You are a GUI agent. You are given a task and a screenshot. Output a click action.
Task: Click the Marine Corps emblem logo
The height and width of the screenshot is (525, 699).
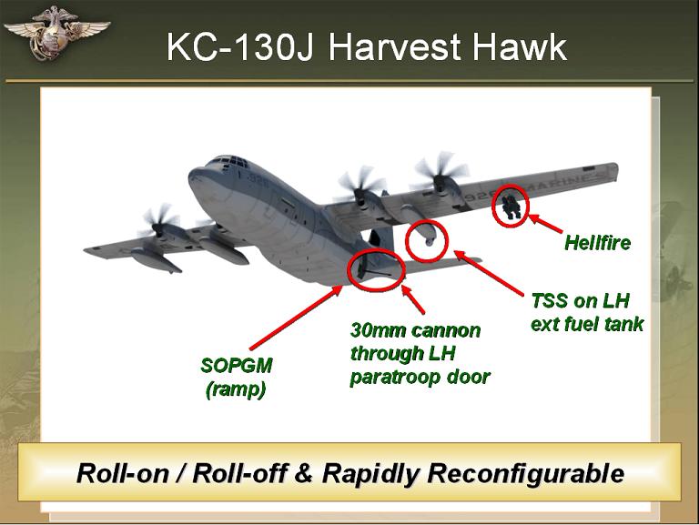point(56,33)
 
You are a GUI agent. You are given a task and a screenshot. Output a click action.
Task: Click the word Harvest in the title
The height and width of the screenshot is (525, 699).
point(395,46)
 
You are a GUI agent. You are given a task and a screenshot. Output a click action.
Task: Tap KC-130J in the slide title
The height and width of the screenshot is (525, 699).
point(241,46)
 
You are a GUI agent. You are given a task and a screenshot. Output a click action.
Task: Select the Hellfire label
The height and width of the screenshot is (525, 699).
point(597,243)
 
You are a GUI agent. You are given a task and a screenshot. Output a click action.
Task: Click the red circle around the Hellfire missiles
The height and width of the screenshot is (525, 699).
point(493,206)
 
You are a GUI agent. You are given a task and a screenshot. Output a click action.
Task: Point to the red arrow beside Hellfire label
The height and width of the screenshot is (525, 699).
point(545,223)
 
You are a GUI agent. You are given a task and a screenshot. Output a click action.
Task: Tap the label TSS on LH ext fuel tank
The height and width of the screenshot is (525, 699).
point(587,312)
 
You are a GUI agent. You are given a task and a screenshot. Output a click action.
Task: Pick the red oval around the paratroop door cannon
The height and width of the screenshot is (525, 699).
point(349,269)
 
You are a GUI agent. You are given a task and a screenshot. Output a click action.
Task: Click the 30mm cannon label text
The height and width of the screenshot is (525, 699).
point(420,354)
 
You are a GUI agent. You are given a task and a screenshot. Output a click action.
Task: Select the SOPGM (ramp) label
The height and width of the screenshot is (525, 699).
point(237,377)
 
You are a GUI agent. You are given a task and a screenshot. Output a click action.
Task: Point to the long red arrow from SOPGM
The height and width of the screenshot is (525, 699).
point(296,318)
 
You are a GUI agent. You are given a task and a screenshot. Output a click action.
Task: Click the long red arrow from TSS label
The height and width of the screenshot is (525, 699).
point(489,273)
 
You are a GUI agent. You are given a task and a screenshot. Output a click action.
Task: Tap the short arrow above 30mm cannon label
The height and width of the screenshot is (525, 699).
point(413,298)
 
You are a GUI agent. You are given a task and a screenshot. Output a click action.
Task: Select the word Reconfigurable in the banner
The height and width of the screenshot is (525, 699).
point(525,473)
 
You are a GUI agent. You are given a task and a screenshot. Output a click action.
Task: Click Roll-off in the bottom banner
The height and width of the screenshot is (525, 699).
point(239,473)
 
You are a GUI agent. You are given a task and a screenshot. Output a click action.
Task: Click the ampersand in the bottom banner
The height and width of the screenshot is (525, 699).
point(304,473)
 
